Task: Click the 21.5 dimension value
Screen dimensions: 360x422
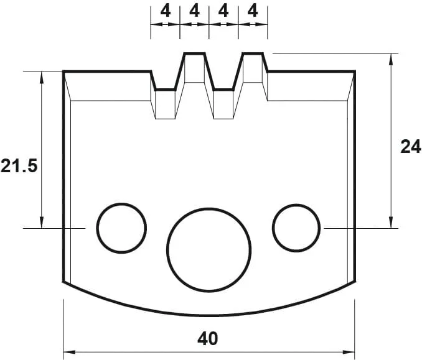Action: click(x=19, y=166)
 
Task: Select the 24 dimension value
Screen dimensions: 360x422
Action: click(x=410, y=147)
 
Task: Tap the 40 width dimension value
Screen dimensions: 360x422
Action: click(x=208, y=338)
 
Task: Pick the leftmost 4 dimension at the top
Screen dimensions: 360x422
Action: click(x=165, y=11)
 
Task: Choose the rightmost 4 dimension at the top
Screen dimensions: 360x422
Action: click(x=253, y=11)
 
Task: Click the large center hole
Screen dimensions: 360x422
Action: click(x=209, y=249)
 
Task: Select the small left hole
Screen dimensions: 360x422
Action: click(x=121, y=228)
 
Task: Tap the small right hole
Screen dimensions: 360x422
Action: click(x=296, y=228)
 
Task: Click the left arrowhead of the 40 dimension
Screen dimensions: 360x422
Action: click(x=68, y=353)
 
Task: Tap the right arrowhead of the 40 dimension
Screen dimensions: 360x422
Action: click(x=350, y=353)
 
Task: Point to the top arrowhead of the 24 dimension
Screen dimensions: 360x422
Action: click(x=392, y=58)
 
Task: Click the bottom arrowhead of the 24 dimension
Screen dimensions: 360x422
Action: click(x=392, y=224)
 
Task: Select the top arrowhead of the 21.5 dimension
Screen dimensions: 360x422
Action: click(x=42, y=76)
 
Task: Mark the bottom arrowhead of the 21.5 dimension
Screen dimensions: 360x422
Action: click(x=42, y=224)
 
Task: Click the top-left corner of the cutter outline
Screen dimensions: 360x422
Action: click(x=63, y=72)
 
